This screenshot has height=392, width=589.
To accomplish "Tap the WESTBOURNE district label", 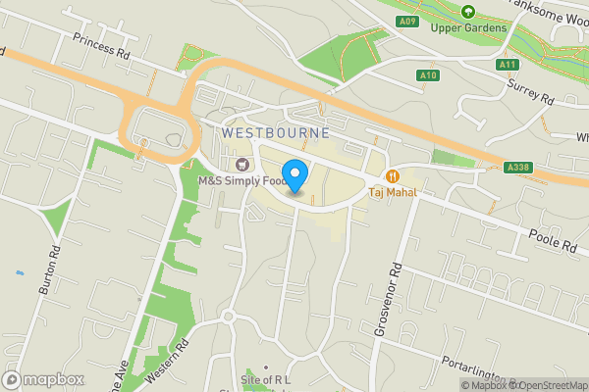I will pos(275,131).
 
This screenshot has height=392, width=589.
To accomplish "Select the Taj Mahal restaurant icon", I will pos(393,176).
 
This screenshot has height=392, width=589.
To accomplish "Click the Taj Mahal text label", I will pos(393,192).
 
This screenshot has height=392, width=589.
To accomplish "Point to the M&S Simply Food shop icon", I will pos(241,163).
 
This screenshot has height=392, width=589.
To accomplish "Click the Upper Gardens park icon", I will pos(468,12).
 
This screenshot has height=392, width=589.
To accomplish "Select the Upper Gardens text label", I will pos(469,27).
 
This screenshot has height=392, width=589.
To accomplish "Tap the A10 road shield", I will pos(427,74).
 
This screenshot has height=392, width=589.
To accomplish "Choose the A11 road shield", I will pos(507,65).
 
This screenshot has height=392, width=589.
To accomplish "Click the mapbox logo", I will pos(42,379).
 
